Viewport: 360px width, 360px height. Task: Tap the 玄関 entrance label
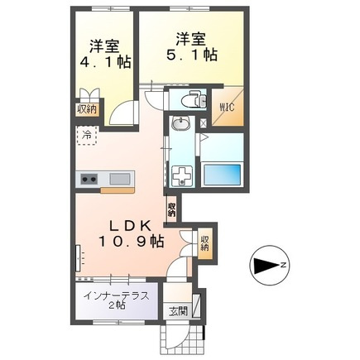pos(179,310)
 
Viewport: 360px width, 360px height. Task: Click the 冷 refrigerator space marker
pos(86,134)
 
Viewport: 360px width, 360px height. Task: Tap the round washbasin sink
pos(181,126)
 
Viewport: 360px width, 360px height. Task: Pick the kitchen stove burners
pos(88,179)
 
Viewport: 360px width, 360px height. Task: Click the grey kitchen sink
pos(119,179)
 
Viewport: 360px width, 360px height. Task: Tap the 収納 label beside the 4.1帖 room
pos(86,108)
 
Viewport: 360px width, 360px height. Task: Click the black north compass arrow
pos(263,266)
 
